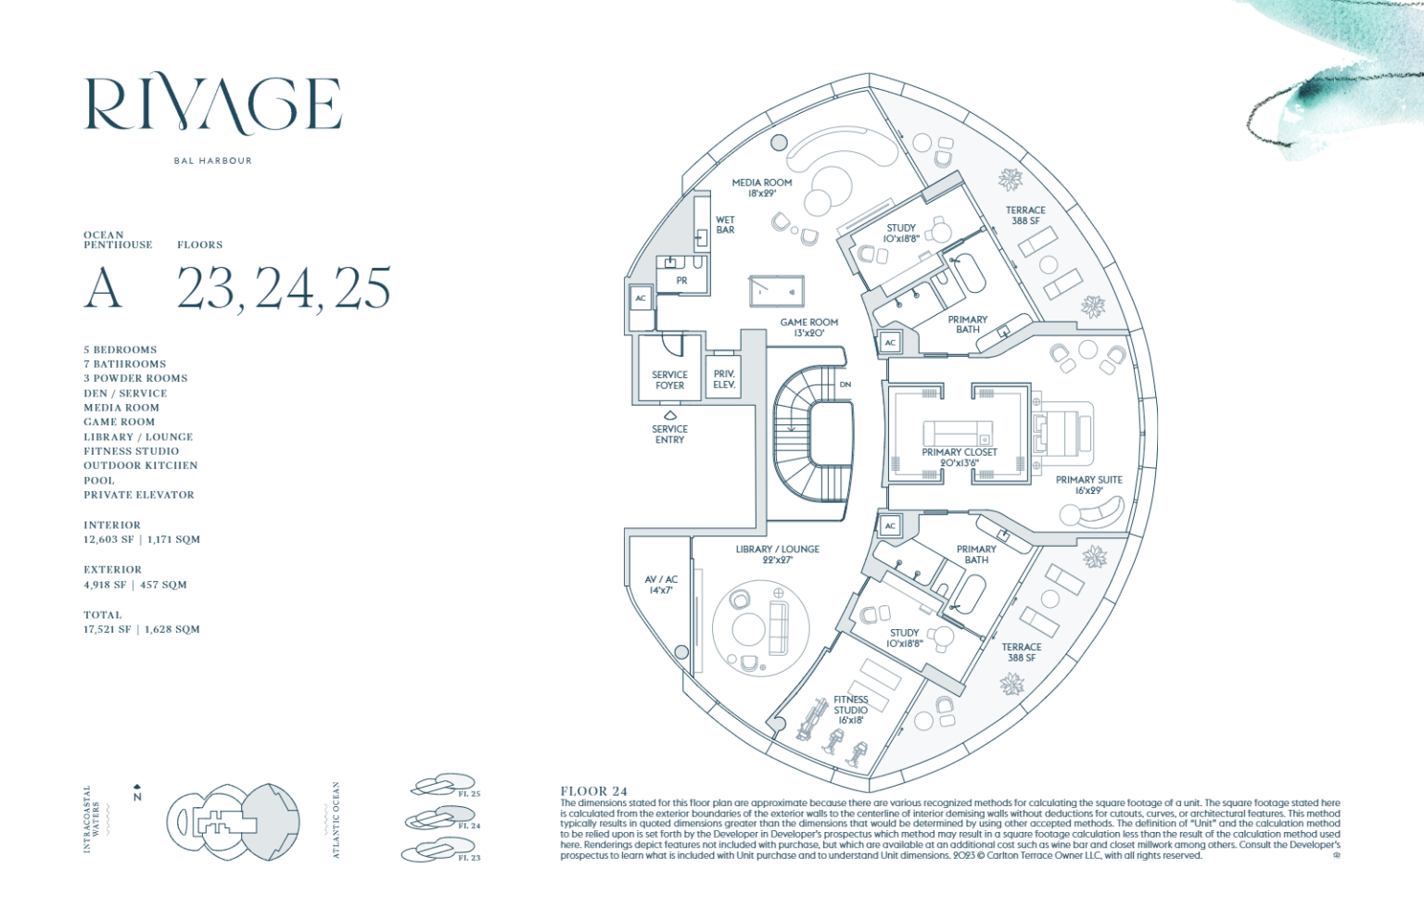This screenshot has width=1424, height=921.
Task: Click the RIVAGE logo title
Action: click(214, 104)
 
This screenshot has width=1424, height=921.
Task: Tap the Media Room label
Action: click(762, 188)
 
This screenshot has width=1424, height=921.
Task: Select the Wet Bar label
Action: click(725, 225)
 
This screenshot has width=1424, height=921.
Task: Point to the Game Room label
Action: click(808, 328)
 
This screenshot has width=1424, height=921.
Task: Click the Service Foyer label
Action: click(669, 380)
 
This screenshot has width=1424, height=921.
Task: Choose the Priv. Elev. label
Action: click(724, 379)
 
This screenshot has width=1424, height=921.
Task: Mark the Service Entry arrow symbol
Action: click(669, 415)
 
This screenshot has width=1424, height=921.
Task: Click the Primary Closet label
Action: click(960, 458)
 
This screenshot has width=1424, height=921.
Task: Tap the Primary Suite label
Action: click(1088, 485)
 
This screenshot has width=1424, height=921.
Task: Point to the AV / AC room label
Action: click(661, 585)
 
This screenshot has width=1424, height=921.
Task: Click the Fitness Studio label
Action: click(850, 710)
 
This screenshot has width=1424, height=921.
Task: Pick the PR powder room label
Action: click(681, 281)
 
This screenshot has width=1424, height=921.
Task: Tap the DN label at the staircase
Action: click(845, 385)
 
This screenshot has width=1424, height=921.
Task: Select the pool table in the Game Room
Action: click(776, 292)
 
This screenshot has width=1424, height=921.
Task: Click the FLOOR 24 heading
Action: click(593, 791)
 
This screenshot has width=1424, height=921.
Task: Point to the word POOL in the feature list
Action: click(99, 481)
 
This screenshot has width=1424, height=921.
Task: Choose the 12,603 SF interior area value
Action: click(108, 539)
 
